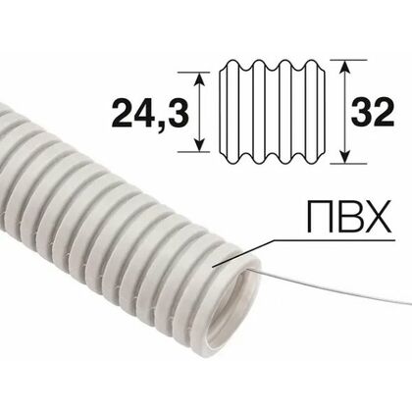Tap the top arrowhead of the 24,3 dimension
(x=201, y=77)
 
